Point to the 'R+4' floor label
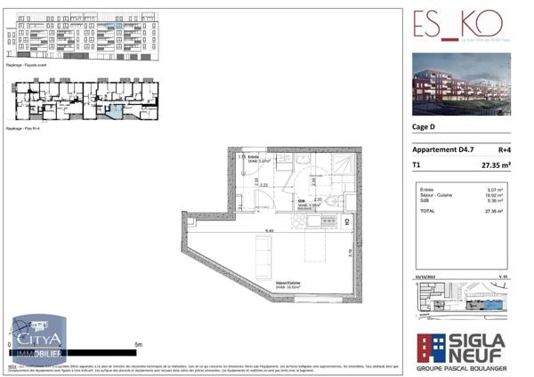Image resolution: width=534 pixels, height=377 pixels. (x=504, y=150)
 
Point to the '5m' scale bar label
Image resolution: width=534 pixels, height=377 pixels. (x=138, y=343)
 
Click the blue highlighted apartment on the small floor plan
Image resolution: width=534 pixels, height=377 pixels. (x=116, y=111)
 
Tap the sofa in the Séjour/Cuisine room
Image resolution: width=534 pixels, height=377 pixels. (x=264, y=258)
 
